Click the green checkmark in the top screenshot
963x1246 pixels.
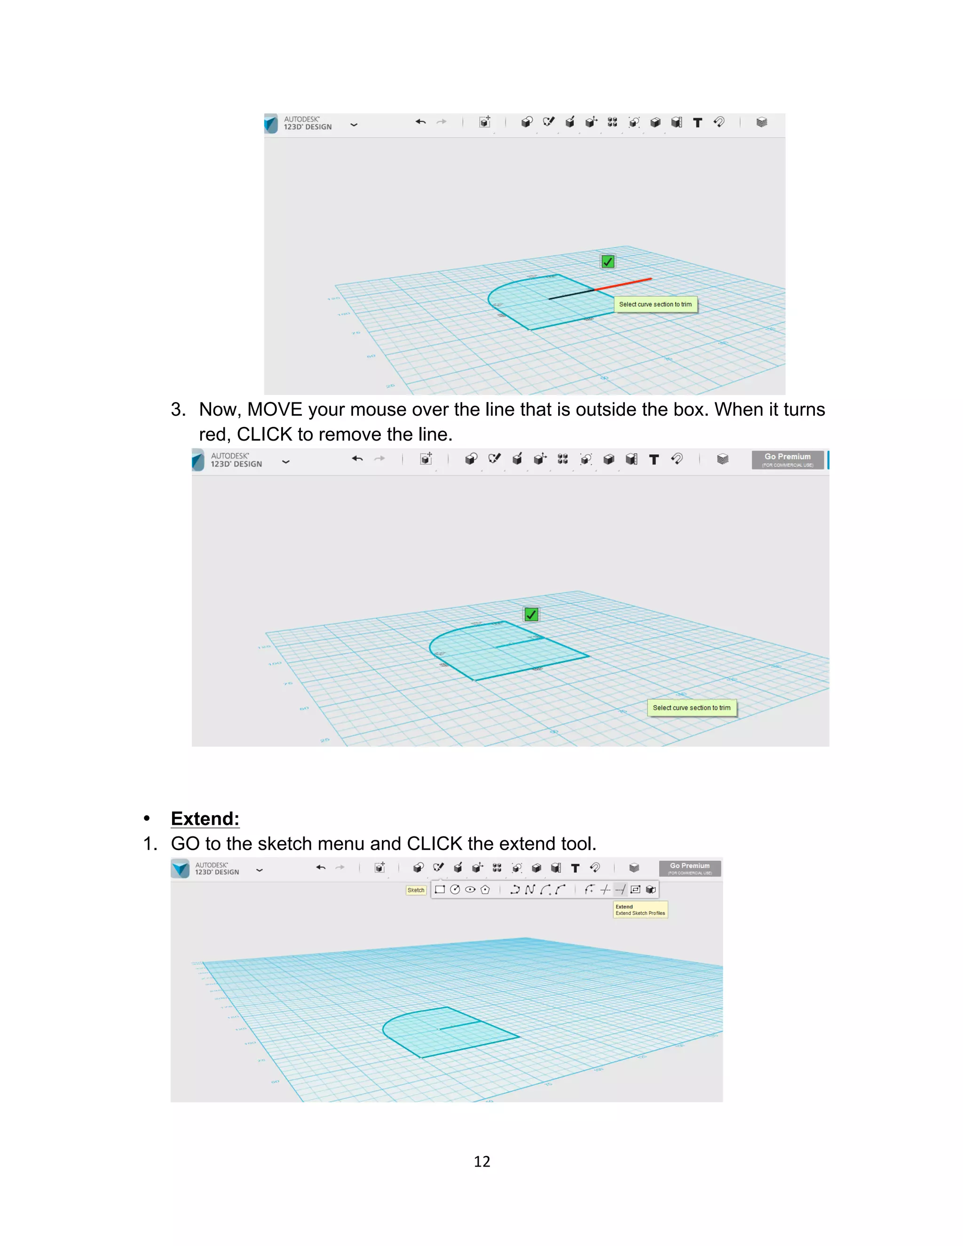click(608, 262)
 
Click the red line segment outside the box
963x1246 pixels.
click(624, 284)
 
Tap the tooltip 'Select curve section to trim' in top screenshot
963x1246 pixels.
click(655, 305)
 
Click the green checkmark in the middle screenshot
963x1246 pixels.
click(531, 615)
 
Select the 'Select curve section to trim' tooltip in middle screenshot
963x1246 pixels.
click(691, 708)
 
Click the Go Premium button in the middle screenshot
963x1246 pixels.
click(787, 459)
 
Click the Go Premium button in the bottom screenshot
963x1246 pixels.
click(690, 868)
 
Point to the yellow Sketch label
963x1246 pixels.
click(416, 890)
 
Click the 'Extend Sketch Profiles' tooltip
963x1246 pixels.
click(640, 910)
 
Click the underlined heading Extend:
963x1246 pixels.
click(205, 819)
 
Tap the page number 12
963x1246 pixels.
click(481, 1161)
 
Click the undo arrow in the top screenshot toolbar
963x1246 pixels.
click(421, 121)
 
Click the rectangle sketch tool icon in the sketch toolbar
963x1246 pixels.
click(440, 890)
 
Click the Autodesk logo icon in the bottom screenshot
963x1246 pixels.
click(180, 868)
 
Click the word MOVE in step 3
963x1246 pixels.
click(275, 410)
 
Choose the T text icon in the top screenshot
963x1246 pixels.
click(697, 122)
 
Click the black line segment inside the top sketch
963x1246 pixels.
click(571, 294)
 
